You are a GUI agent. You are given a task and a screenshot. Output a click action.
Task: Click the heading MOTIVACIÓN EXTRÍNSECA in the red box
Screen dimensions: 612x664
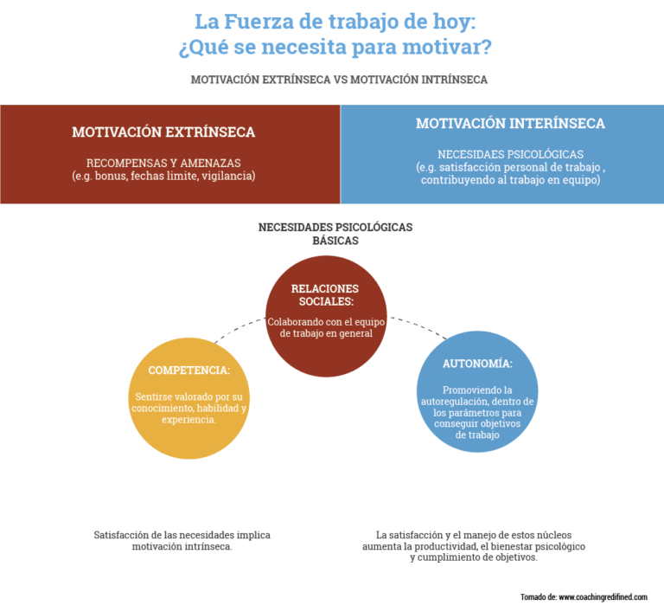click(163, 132)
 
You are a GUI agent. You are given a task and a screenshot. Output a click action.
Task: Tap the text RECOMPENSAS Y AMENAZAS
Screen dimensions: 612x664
click(163, 163)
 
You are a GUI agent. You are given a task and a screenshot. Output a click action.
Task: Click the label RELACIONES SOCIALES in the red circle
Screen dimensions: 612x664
click(325, 294)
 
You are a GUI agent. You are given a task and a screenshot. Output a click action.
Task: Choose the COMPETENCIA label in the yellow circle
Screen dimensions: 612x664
click(189, 370)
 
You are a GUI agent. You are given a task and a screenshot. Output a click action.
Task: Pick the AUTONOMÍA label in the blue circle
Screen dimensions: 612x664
click(477, 364)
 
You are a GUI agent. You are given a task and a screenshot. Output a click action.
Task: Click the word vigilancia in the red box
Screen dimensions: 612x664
click(228, 176)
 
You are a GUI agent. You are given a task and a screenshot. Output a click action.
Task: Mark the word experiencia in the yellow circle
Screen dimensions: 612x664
click(188, 420)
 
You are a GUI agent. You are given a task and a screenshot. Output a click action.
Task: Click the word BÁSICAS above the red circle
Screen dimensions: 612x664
click(335, 241)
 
